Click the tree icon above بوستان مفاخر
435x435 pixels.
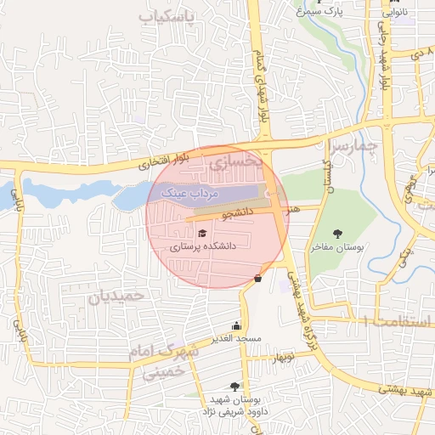339,233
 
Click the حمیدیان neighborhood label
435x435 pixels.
117,296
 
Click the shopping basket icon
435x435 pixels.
257,278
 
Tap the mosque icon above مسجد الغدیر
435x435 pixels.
236,325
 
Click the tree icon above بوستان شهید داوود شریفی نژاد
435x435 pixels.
234,387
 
